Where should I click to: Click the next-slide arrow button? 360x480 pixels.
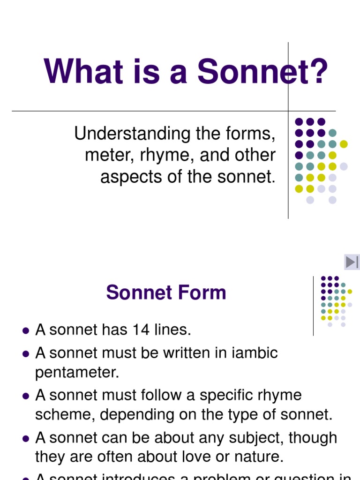pyautogui.click(x=352, y=262)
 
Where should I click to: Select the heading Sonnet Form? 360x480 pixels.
pyautogui.click(x=166, y=293)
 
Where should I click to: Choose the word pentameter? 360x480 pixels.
pyautogui.click(x=77, y=373)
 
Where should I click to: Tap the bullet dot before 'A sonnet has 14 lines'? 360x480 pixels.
pyautogui.click(x=26, y=330)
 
